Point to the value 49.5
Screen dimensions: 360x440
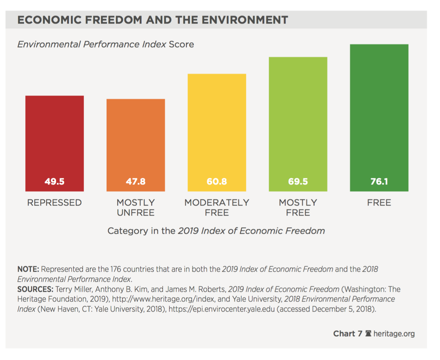click(54, 181)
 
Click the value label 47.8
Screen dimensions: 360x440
click(135, 181)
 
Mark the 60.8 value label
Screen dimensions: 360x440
click(217, 181)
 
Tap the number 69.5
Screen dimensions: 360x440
click(298, 181)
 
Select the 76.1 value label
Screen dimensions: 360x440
click(379, 181)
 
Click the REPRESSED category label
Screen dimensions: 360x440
click(54, 203)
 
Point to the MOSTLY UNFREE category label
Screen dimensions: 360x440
click(135, 208)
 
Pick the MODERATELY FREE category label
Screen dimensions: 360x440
click(217, 208)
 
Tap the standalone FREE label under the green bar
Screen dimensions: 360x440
click(379, 203)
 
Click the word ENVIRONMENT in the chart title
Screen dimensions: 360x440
click(245, 20)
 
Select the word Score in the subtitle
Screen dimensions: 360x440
click(181, 44)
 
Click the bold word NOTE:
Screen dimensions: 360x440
click(28, 269)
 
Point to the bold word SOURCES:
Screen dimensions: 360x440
click(35, 289)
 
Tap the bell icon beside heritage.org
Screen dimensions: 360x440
click(368, 333)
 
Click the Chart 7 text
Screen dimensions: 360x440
click(348, 334)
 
